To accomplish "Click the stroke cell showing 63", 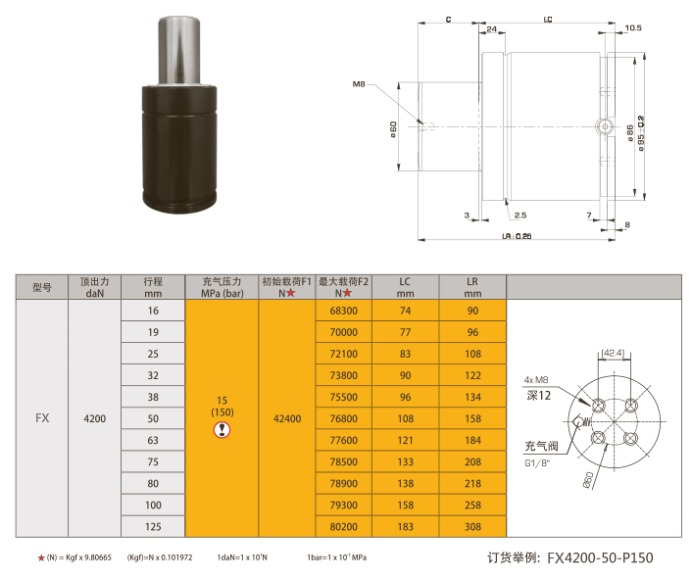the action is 153,440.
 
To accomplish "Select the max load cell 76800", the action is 343,418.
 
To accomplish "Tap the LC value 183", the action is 405,526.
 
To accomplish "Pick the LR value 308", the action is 472,526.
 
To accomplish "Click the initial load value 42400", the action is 287,418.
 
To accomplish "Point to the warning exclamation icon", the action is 222,429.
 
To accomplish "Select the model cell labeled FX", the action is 42,418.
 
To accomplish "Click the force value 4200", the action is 94,418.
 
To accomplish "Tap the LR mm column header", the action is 472,287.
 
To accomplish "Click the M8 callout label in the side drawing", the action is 359,84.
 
